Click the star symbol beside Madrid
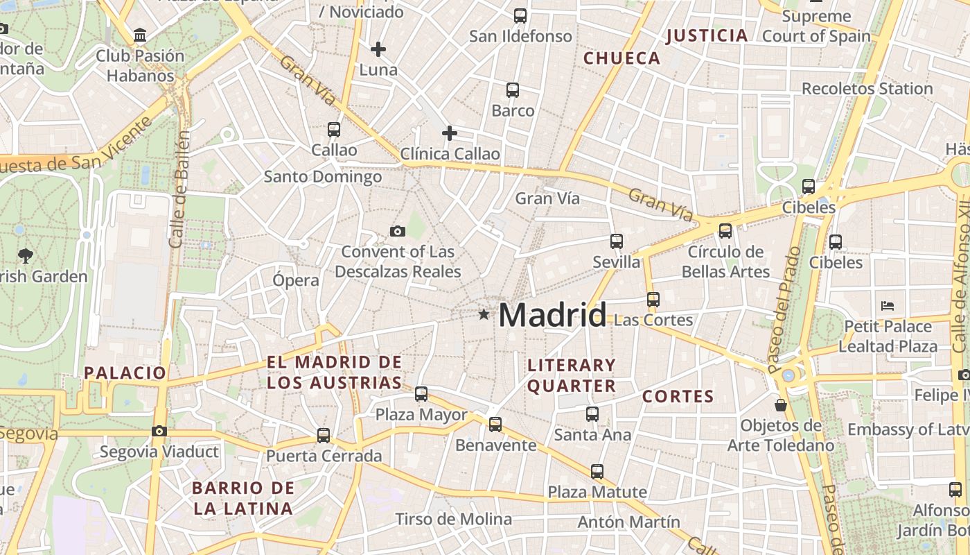tap(484, 314)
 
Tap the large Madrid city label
tap(552, 315)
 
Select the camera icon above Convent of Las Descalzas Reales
tap(397, 231)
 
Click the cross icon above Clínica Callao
tap(450, 133)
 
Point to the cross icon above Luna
tap(378, 49)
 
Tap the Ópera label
tap(296, 280)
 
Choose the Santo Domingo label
tap(323, 177)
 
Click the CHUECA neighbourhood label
tap(622, 58)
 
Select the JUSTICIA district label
tap(707, 35)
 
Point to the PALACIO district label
tap(125, 373)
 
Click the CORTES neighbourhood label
tap(678, 397)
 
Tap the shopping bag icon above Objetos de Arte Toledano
tap(781, 405)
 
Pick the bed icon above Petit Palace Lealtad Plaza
tap(888, 305)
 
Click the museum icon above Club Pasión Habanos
tap(141, 35)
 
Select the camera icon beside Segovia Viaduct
tap(159, 432)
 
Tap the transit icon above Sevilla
tap(617, 241)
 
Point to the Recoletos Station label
tap(867, 89)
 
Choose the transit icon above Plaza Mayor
tap(421, 394)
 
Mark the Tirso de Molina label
tap(453, 519)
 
